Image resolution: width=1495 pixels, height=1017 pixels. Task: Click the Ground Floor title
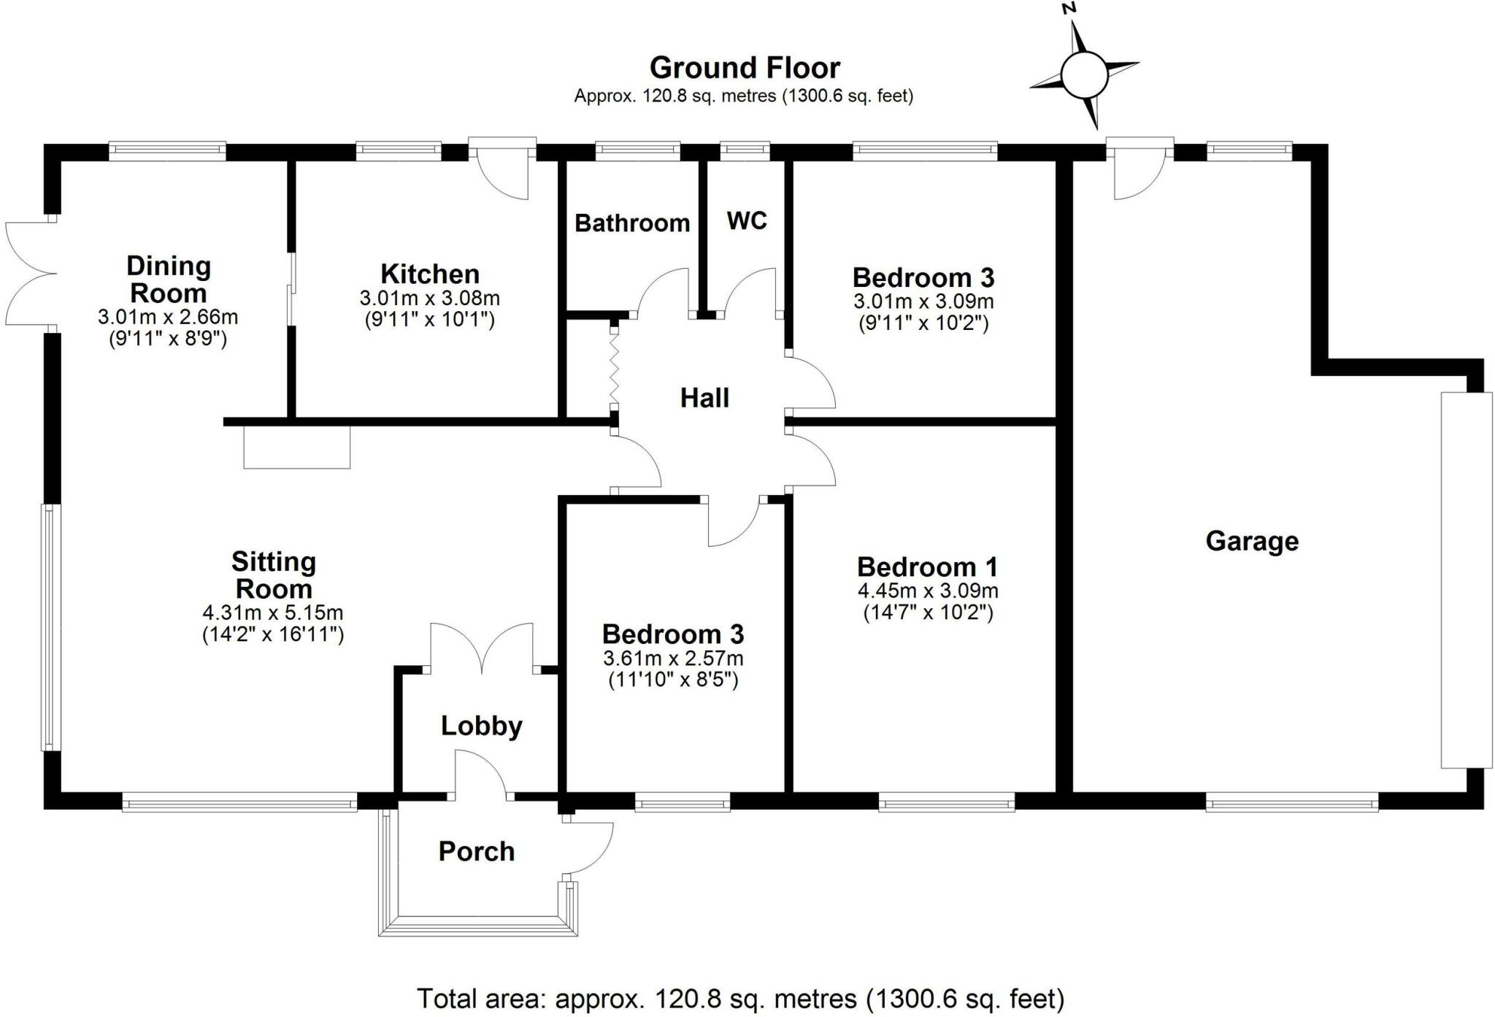[x=745, y=68]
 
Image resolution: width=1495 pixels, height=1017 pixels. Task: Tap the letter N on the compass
[x=1070, y=9]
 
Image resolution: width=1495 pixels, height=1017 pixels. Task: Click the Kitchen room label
[x=430, y=275]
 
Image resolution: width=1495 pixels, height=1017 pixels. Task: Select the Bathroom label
[x=632, y=223]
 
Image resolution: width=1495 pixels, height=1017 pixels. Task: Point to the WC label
[x=747, y=220]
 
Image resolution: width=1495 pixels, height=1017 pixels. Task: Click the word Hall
[x=704, y=398]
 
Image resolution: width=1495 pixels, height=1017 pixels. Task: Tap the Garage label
[x=1252, y=541]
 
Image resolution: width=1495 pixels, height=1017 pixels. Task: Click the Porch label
[x=477, y=851]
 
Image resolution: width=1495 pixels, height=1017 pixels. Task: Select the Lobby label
[x=482, y=726]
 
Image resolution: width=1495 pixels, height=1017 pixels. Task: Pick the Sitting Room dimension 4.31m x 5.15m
[x=273, y=613]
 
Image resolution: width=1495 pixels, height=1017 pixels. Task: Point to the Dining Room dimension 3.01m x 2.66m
[x=168, y=317]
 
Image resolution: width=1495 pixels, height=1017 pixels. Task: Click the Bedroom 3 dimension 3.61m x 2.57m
[x=673, y=658]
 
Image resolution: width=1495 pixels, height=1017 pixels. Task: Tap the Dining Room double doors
[x=29, y=275]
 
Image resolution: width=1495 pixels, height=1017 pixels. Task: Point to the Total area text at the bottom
[x=740, y=998]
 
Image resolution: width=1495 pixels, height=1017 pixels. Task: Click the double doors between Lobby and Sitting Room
[x=482, y=648]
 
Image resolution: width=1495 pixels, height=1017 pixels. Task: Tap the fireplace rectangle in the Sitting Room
[x=296, y=447]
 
